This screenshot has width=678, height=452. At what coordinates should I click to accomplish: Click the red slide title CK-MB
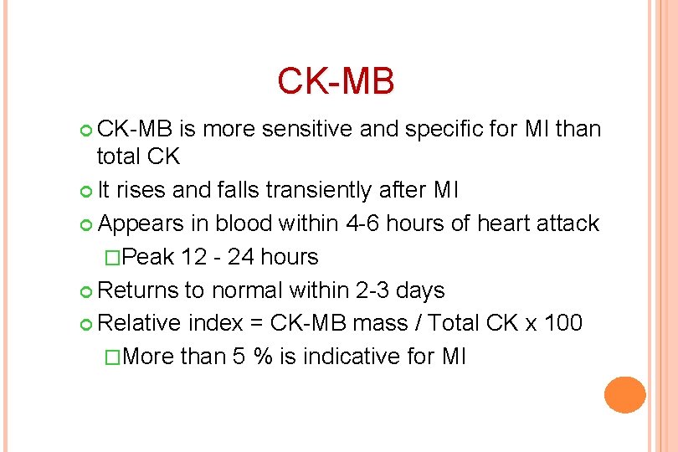pyautogui.click(x=335, y=81)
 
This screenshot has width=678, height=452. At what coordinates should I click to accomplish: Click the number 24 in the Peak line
pyautogui.click(x=242, y=257)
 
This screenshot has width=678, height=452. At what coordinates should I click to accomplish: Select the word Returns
pyautogui.click(x=137, y=290)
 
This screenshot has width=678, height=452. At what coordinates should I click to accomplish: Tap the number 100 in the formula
pyautogui.click(x=560, y=323)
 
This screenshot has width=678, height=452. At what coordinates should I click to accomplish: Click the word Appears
pyautogui.click(x=141, y=223)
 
